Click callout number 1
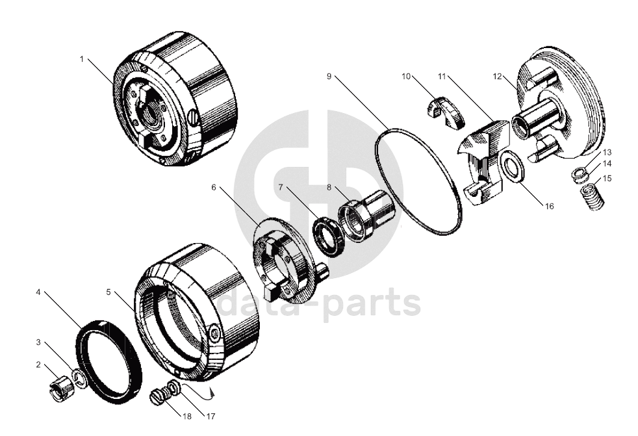click(82, 59)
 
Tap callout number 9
click(329, 76)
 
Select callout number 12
click(497, 76)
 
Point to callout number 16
click(550, 206)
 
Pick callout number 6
click(214, 187)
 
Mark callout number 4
click(38, 292)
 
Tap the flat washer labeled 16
click(513, 166)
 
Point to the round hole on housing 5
click(216, 333)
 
